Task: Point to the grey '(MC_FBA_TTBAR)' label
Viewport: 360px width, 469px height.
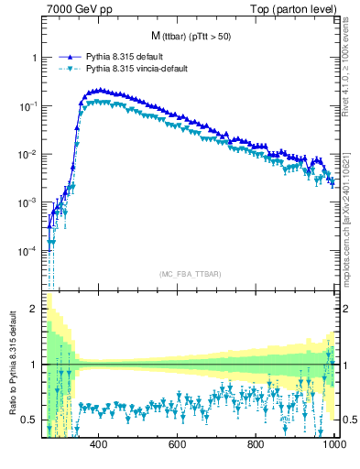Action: pos(190,274)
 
